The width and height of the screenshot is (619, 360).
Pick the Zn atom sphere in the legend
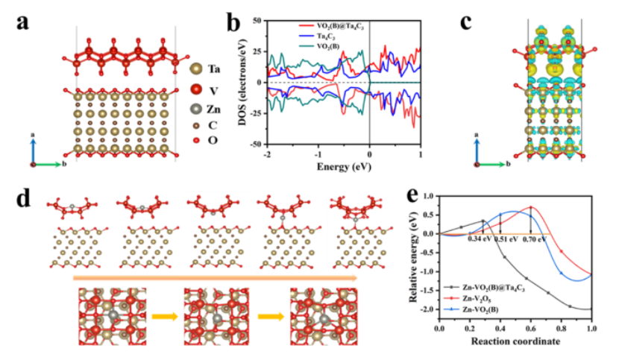[195, 110]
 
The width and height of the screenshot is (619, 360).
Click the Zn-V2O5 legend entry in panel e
[487, 298]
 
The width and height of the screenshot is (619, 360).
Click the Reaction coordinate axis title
[515, 341]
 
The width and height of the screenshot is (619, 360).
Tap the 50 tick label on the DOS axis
[256, 21]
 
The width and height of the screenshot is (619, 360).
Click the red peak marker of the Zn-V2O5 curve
[531, 207]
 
